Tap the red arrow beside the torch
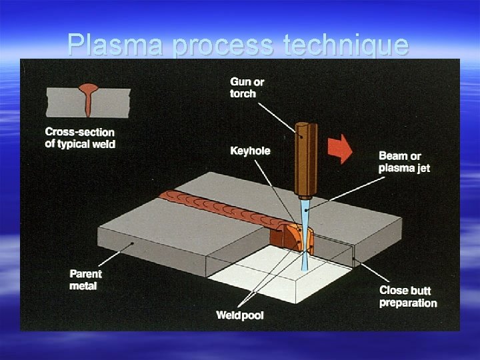coord(341,148)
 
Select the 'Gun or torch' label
coord(247,87)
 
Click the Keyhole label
coord(250,151)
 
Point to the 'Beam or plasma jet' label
coord(404,161)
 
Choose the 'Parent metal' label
coord(86,279)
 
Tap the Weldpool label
coord(239,315)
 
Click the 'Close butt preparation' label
coord(408,296)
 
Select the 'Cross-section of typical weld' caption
coord(80,137)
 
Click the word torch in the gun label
coord(243,94)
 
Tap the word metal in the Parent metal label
coord(83,286)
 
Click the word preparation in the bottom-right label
coord(408,303)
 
